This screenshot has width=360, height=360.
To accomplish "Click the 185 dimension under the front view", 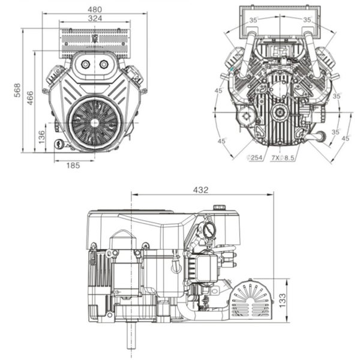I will (73, 164).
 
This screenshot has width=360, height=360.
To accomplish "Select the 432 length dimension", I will (201, 190).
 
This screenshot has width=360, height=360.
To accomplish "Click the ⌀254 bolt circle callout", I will (256, 157).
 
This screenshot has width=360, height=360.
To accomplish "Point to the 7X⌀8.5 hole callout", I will (284, 157).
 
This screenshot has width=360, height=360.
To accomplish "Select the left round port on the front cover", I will (85, 64).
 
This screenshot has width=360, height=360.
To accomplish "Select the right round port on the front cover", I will (103, 64).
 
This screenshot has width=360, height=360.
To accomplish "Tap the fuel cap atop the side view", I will (219, 208).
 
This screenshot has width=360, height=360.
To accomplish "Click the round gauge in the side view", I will (209, 230).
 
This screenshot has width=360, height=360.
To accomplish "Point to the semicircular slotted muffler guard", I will (251, 298).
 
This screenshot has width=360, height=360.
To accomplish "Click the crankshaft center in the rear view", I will (278, 112).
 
